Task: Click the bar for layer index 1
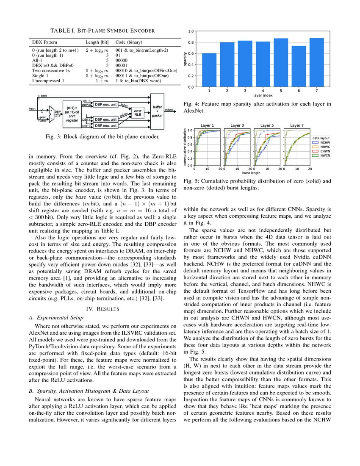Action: [x=209, y=70]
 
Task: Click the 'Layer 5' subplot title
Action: [x=267, y=125]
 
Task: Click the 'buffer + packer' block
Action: [x=157, y=111]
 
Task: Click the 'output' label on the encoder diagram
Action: [x=169, y=110]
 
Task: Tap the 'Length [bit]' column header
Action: [x=97, y=42]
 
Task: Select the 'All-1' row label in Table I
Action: [x=38, y=60]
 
